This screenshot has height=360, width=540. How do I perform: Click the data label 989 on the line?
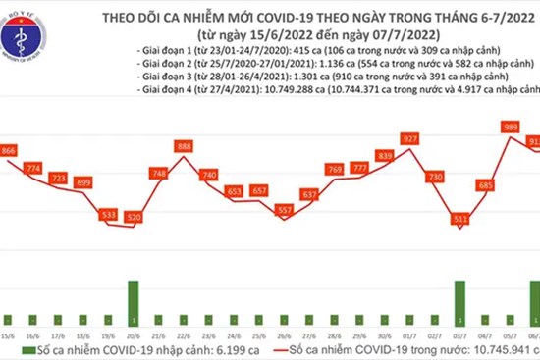(x=511, y=128)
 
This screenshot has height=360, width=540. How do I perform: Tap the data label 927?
(x=411, y=138)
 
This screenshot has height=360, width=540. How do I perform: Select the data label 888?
(x=183, y=146)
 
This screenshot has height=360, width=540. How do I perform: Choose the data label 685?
(x=484, y=184)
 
